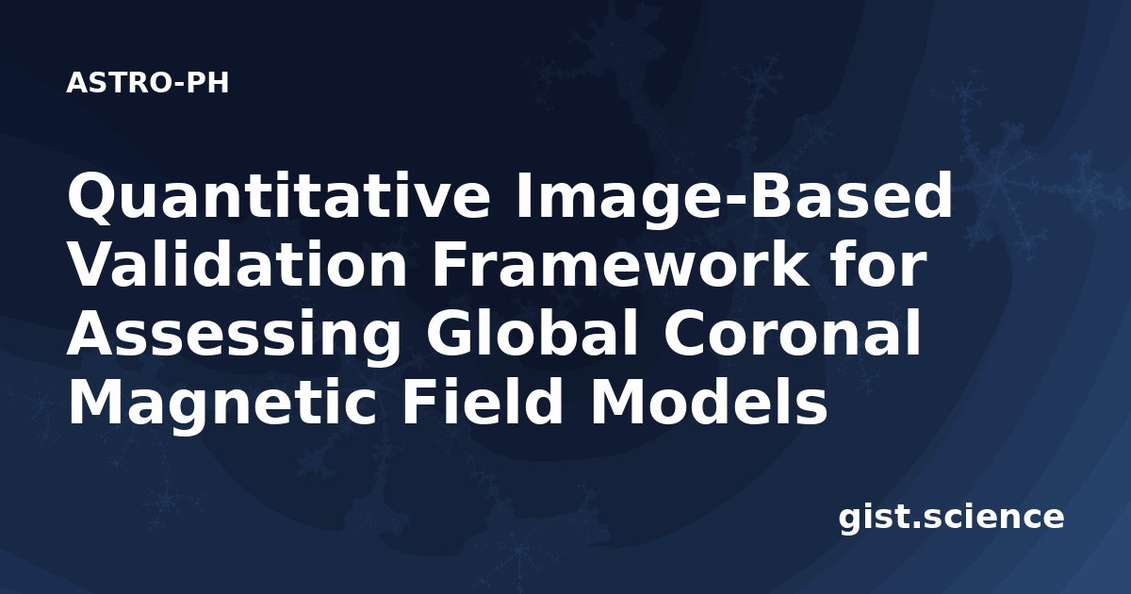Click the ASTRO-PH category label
click(x=147, y=83)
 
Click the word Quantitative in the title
click(x=278, y=196)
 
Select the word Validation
click(x=237, y=264)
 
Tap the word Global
click(x=533, y=334)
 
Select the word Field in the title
click(x=483, y=403)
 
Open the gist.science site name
click(x=951, y=519)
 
